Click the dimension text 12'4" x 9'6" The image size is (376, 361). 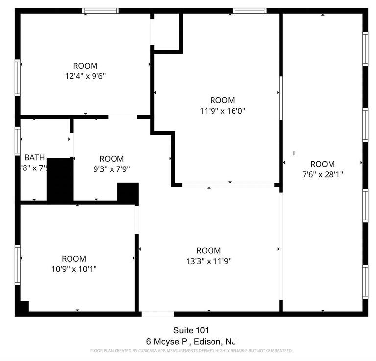click(x=85, y=76)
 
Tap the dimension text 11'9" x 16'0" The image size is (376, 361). click(x=223, y=111)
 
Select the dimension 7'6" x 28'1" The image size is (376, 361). click(x=323, y=174)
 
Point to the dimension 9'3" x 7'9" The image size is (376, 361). click(x=112, y=169)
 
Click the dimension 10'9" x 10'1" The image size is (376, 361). click(x=74, y=269)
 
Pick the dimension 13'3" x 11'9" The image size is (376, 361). click(x=209, y=261)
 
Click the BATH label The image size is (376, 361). click(x=34, y=157)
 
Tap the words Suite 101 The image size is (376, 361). click(x=188, y=330)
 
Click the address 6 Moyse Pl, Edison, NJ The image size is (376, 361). click(x=188, y=341)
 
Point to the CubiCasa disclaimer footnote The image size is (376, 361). click(x=191, y=351)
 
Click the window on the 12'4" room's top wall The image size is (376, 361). click(x=100, y=11)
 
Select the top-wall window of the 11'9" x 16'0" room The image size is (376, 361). click(x=249, y=11)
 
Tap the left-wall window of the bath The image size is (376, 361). click(x=18, y=141)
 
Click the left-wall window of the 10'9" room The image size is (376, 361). click(x=18, y=265)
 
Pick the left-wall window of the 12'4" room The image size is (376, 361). click(x=18, y=77)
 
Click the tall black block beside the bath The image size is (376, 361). click(x=60, y=179)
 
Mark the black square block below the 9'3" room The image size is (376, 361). click(x=128, y=193)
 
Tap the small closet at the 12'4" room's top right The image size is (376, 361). click(x=166, y=31)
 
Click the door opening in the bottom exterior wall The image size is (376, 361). click(x=158, y=314)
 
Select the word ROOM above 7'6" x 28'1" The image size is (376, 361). click(x=323, y=164)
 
